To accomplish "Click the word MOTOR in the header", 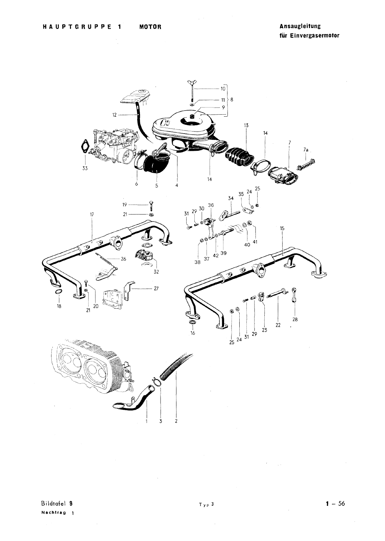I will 150,27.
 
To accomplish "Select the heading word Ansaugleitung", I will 300,26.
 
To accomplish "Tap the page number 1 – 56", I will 335,503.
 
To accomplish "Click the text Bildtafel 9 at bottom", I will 56,503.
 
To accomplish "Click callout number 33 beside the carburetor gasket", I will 85,168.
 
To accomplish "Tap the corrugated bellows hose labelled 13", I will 239,157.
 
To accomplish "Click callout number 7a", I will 306,149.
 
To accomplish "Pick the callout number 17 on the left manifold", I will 92,214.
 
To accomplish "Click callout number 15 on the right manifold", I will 282,229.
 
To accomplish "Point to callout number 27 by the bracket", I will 156,289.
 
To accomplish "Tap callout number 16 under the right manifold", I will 193,333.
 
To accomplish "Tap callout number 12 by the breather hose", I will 114,115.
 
